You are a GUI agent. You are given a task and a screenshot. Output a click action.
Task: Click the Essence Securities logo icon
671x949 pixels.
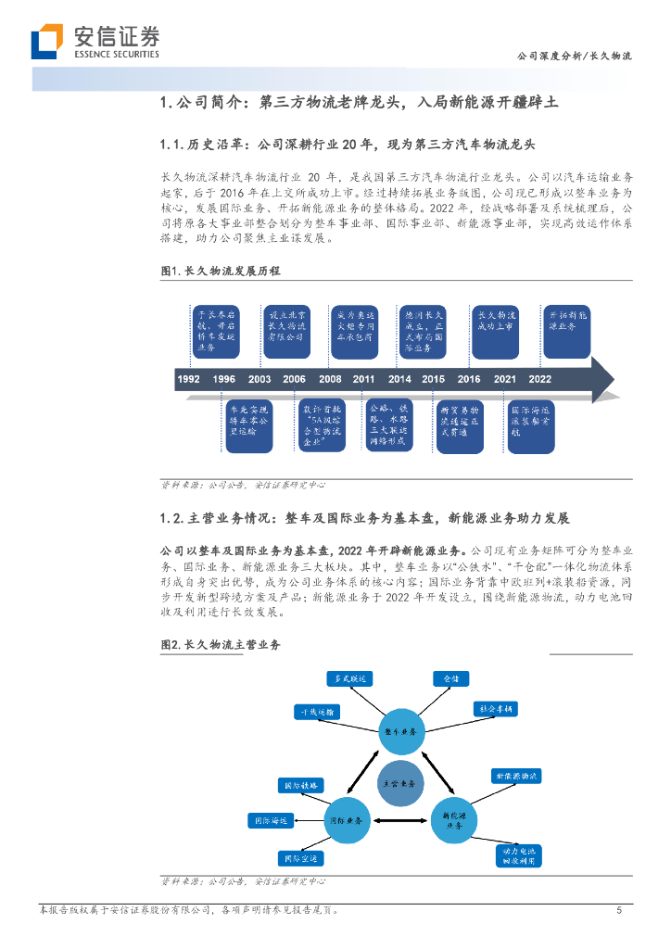click(x=46, y=42)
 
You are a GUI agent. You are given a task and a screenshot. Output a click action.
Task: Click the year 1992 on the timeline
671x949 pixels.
click(x=188, y=379)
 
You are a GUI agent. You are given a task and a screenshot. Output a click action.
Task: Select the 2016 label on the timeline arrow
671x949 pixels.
click(x=469, y=379)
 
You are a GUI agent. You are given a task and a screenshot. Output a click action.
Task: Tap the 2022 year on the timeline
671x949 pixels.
click(x=540, y=379)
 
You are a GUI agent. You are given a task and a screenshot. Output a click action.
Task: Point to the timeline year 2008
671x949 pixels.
click(x=330, y=379)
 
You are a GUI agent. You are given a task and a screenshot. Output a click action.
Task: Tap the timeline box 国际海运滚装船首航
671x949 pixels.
click(x=530, y=425)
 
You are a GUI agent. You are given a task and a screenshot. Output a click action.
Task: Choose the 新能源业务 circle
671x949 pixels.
click(x=451, y=820)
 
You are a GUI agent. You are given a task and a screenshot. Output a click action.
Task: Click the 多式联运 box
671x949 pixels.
click(x=347, y=678)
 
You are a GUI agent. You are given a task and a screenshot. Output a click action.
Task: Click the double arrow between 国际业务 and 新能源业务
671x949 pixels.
click(x=399, y=821)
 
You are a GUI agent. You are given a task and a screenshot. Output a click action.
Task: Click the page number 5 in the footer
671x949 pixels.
click(x=619, y=911)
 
